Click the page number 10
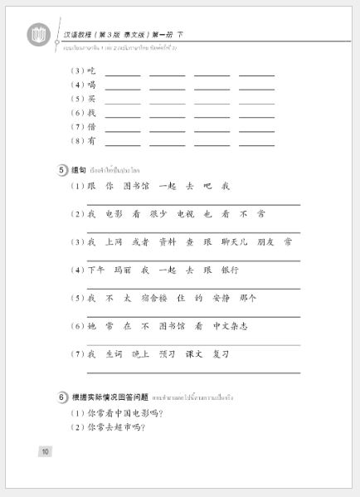click(x=45, y=451)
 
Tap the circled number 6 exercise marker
click(x=63, y=397)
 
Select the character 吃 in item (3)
click(x=91, y=71)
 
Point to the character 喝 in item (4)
click(x=91, y=85)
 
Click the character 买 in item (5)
click(x=91, y=99)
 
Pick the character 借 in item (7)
click(x=91, y=126)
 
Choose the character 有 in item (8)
click(x=91, y=140)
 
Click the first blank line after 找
click(x=123, y=115)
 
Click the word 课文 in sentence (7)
click(x=194, y=353)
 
